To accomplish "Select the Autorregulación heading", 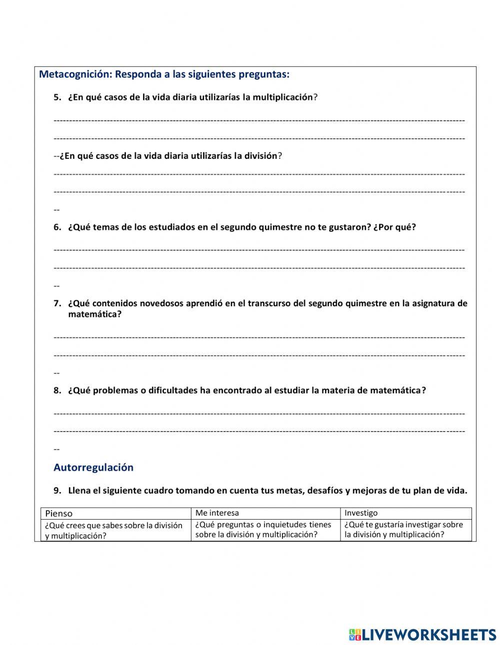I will (x=93, y=468).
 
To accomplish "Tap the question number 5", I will (x=57, y=97).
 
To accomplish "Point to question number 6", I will (x=57, y=227).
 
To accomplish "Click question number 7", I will (x=57, y=303).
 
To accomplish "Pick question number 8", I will (x=57, y=391).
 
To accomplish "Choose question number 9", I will (x=57, y=491).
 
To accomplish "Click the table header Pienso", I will (x=59, y=514).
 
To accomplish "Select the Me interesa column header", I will (x=217, y=513).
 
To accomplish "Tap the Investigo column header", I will (x=361, y=513).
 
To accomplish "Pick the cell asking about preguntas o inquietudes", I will (x=263, y=530).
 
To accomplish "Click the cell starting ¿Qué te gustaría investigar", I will (x=404, y=530).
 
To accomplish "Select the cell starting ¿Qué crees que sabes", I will (x=114, y=531).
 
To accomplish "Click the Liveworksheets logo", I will (x=422, y=635).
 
